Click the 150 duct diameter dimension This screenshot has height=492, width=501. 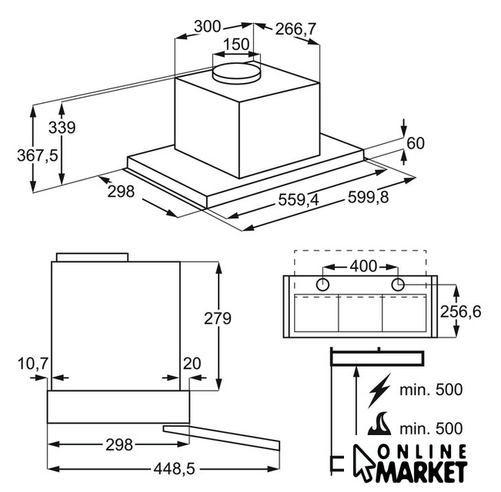[x=236, y=45]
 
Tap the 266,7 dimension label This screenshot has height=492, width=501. [x=296, y=29]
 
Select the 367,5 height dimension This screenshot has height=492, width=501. [x=38, y=156]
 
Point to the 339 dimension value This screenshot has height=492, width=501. [x=62, y=128]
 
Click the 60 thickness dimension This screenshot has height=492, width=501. [x=416, y=143]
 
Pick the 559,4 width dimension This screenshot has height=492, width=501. [x=299, y=200]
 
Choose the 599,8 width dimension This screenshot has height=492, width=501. [x=368, y=197]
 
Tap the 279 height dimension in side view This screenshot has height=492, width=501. [x=218, y=318]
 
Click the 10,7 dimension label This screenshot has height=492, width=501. [x=33, y=364]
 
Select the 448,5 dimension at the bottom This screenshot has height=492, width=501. [x=174, y=469]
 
